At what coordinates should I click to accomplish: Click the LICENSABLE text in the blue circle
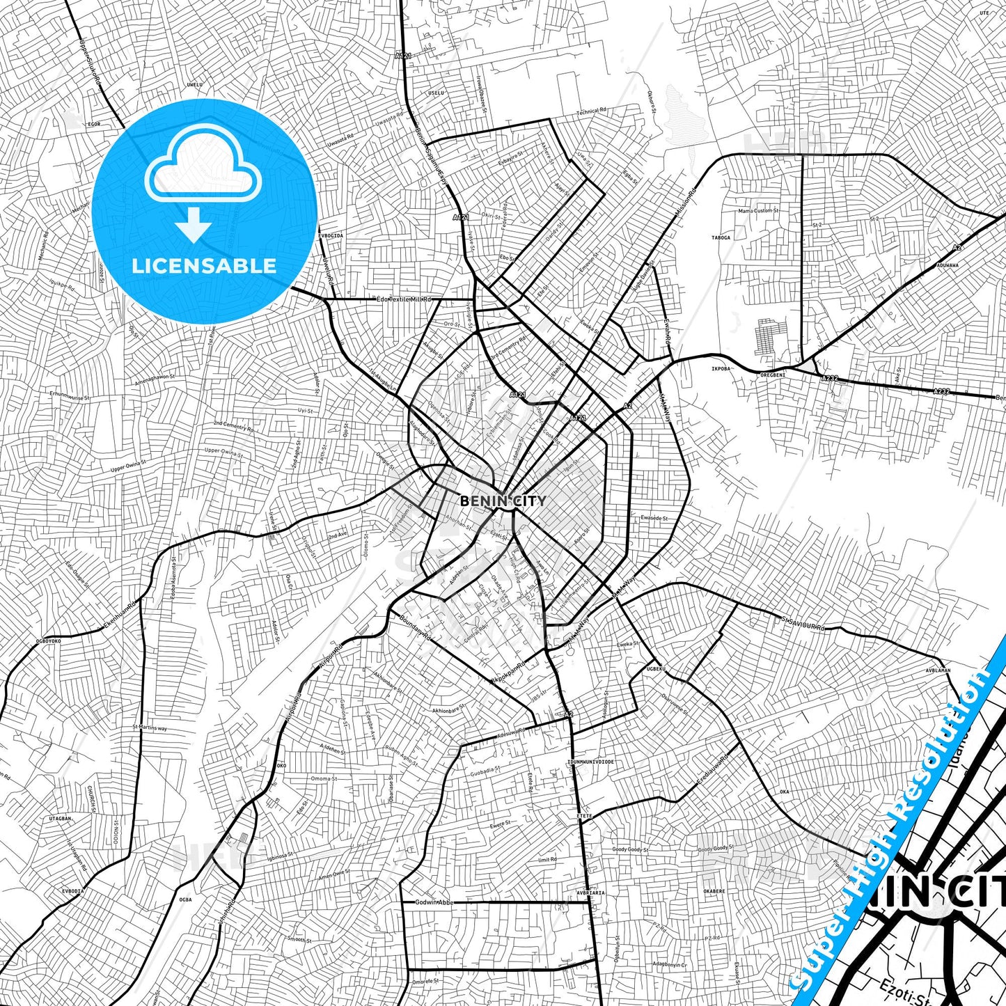[204, 266]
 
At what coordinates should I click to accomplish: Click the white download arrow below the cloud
[194, 226]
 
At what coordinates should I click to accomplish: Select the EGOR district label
[93, 124]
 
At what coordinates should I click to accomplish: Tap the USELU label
[436, 93]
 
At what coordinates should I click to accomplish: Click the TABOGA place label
[721, 237]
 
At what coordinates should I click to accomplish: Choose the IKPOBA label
[721, 368]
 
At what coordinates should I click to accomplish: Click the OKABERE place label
[714, 890]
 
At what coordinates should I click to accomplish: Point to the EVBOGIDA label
[331, 235]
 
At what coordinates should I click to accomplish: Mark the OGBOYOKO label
[48, 640]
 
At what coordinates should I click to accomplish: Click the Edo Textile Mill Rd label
[404, 299]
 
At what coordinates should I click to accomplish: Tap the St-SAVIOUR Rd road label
[803, 623]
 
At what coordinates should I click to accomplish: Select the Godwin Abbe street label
[434, 902]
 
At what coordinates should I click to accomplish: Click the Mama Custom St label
[758, 210]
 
